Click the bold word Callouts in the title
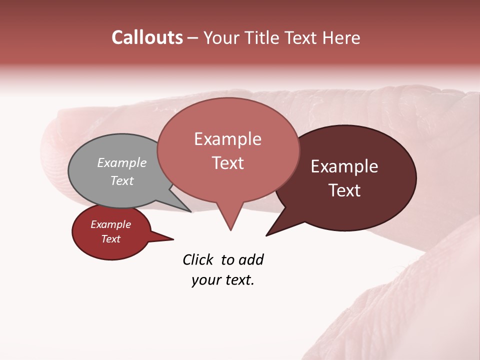tap(147, 37)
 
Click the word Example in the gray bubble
tap(122, 162)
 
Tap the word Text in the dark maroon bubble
tap(344, 190)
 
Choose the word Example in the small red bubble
tap(110, 224)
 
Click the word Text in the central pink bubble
tap(228, 163)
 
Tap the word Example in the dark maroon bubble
tap(344, 166)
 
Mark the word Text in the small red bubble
tap(110, 239)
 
